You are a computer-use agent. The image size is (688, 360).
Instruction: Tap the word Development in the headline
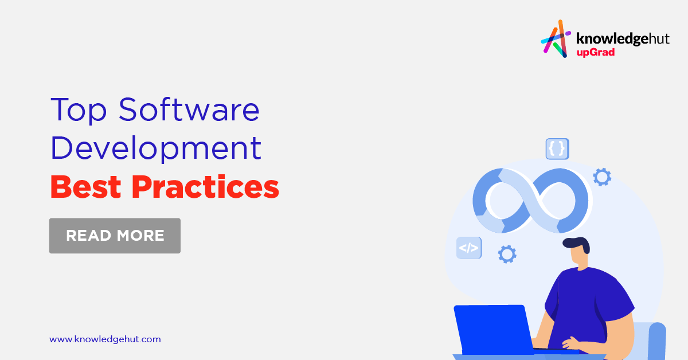(x=156, y=148)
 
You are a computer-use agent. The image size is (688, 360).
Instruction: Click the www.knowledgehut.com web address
(x=105, y=339)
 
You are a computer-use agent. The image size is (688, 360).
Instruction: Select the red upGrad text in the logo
(x=596, y=53)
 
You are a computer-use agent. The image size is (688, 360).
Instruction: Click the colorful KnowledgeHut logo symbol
(x=555, y=39)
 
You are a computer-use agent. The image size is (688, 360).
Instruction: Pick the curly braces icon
(x=557, y=148)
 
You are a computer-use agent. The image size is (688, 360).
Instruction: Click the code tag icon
(x=469, y=248)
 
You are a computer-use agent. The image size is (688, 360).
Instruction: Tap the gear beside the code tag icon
(x=507, y=253)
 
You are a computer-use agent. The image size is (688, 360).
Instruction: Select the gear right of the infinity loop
(x=601, y=177)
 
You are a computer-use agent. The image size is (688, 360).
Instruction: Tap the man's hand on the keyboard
(x=571, y=344)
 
